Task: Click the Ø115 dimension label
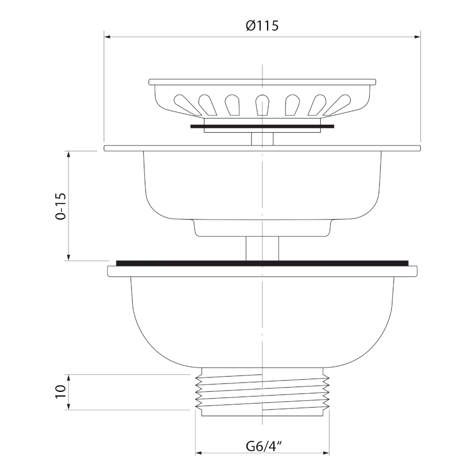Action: coord(262,25)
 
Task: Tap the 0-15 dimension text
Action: coord(61,206)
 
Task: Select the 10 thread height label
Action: coord(61,392)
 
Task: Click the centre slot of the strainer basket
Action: coord(262,105)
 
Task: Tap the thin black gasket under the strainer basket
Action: coord(262,126)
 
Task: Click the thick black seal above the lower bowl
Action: coord(262,263)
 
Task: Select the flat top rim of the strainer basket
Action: coord(262,82)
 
